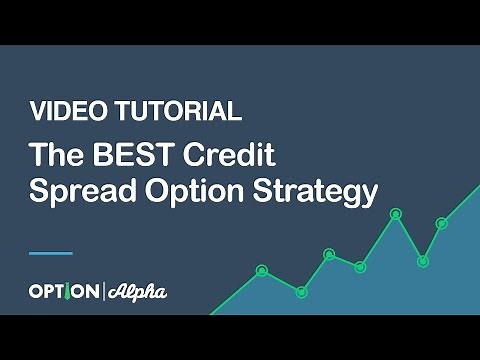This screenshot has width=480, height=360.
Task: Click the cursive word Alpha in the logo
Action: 136,292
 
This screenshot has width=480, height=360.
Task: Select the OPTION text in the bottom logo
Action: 63,292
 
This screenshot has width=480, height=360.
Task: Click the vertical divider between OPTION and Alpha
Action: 104,292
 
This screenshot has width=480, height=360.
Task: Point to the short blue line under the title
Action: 51,252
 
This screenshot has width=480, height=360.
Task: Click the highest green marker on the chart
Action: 396,213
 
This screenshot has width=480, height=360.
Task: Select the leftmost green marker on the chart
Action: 262,270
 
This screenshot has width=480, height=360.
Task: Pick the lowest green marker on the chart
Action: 301,291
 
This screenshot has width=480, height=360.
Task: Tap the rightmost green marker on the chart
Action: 442,223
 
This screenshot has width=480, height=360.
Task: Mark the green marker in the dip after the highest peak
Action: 423,261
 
